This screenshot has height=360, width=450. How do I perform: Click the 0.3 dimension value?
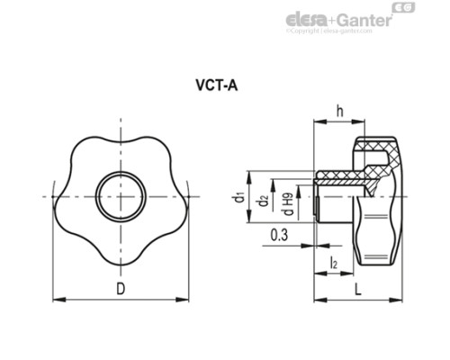[279, 236]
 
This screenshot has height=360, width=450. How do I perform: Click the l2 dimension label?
[334, 265]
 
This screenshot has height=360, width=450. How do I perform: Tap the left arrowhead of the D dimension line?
[59, 299]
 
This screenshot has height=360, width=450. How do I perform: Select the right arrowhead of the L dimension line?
[400, 299]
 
